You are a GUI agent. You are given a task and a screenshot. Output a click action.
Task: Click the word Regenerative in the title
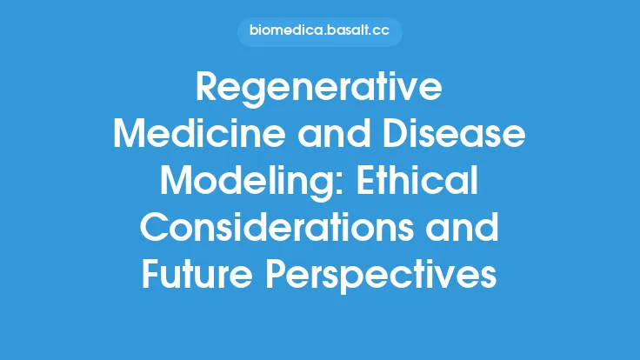tap(320, 90)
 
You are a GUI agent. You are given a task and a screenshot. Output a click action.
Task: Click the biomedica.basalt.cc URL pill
tap(320, 32)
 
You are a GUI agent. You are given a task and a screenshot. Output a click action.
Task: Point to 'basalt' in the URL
tap(346, 32)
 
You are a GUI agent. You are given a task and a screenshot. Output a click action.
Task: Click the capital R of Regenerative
tap(210, 90)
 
